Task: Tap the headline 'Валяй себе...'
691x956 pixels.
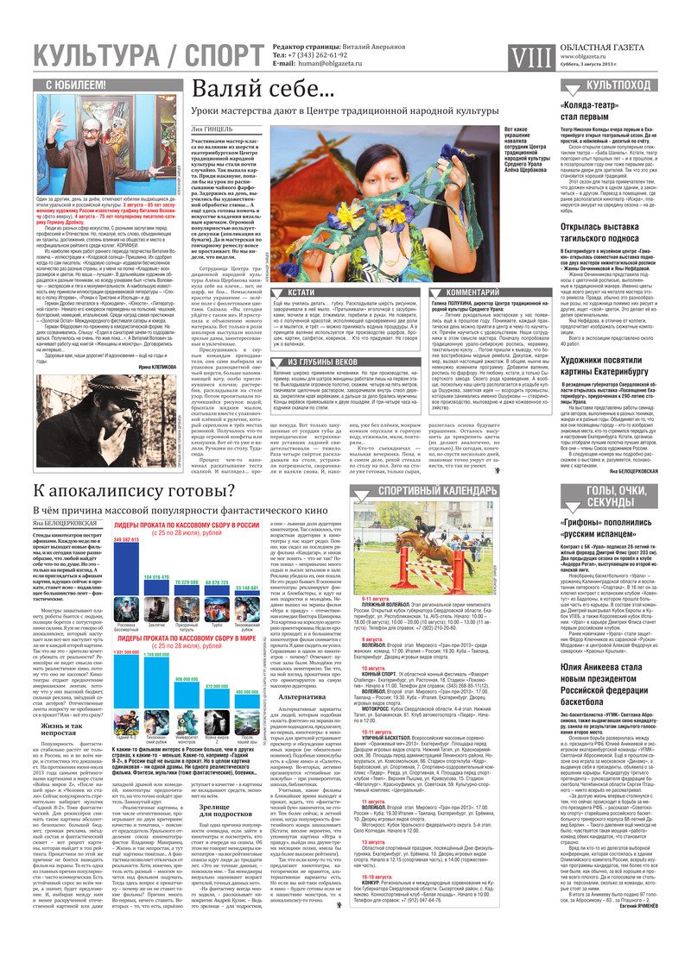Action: pyautogui.click(x=250, y=90)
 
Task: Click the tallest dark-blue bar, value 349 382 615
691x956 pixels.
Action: pyautogui.click(x=126, y=570)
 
